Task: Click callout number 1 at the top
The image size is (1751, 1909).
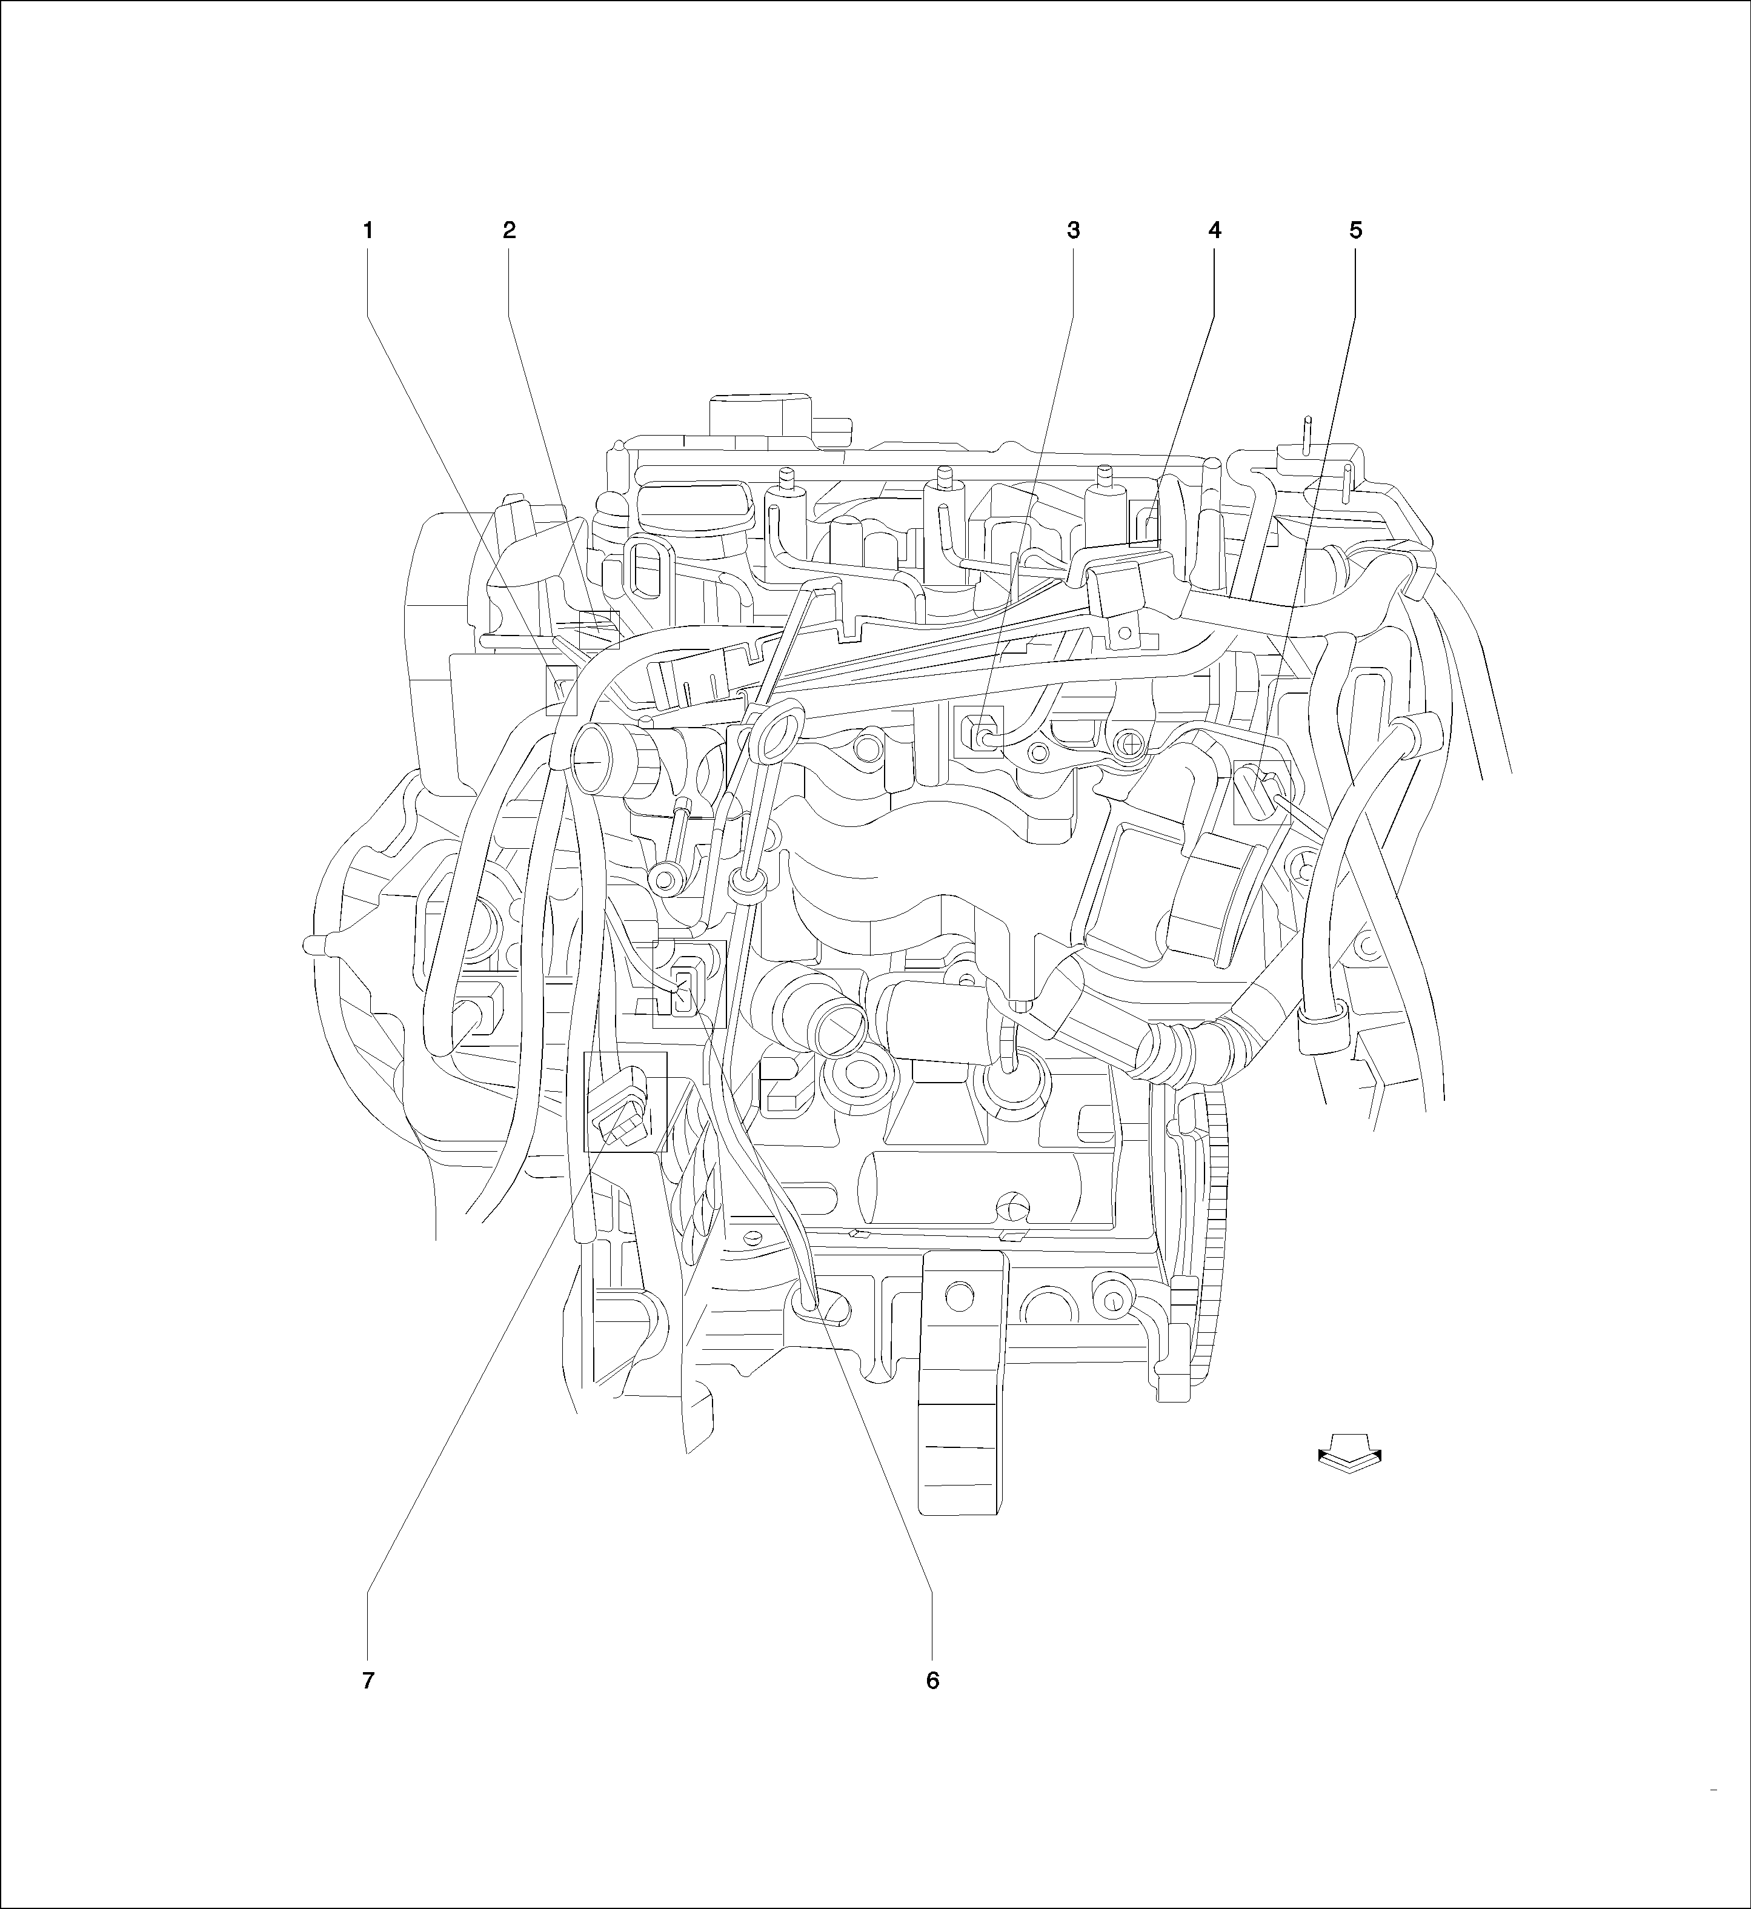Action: [368, 230]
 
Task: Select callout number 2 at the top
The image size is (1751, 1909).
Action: [509, 230]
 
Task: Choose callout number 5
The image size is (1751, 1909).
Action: [1355, 230]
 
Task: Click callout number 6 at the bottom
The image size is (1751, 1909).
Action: [932, 1681]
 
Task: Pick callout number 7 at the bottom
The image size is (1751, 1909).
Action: [368, 1681]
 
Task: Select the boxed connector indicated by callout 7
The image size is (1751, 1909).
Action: [625, 1102]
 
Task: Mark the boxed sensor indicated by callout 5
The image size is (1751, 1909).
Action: [1262, 792]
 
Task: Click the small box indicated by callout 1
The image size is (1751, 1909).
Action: [562, 689]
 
